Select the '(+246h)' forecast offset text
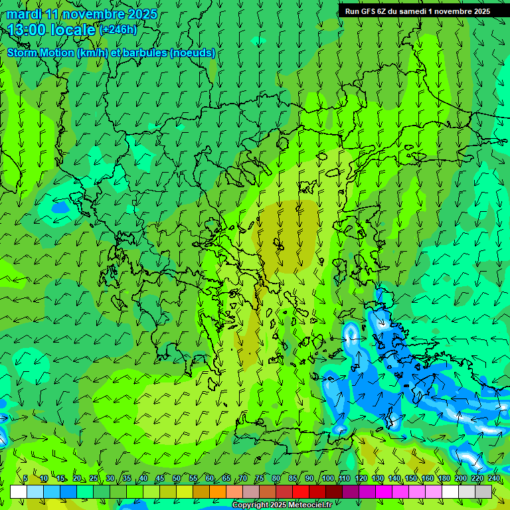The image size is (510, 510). click(118, 30)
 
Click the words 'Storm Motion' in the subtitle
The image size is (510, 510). click(41, 53)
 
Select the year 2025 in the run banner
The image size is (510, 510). click(478, 11)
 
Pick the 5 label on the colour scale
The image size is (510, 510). click(25, 479)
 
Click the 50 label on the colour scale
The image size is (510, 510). click(177, 479)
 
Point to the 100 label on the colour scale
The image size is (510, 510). click(328, 479)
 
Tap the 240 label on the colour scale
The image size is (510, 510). click(494, 479)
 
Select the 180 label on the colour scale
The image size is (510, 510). click(444, 479)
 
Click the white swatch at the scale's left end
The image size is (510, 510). click(19, 491)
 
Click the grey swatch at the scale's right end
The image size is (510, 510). click(484, 491)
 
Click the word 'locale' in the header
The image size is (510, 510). click(72, 30)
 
